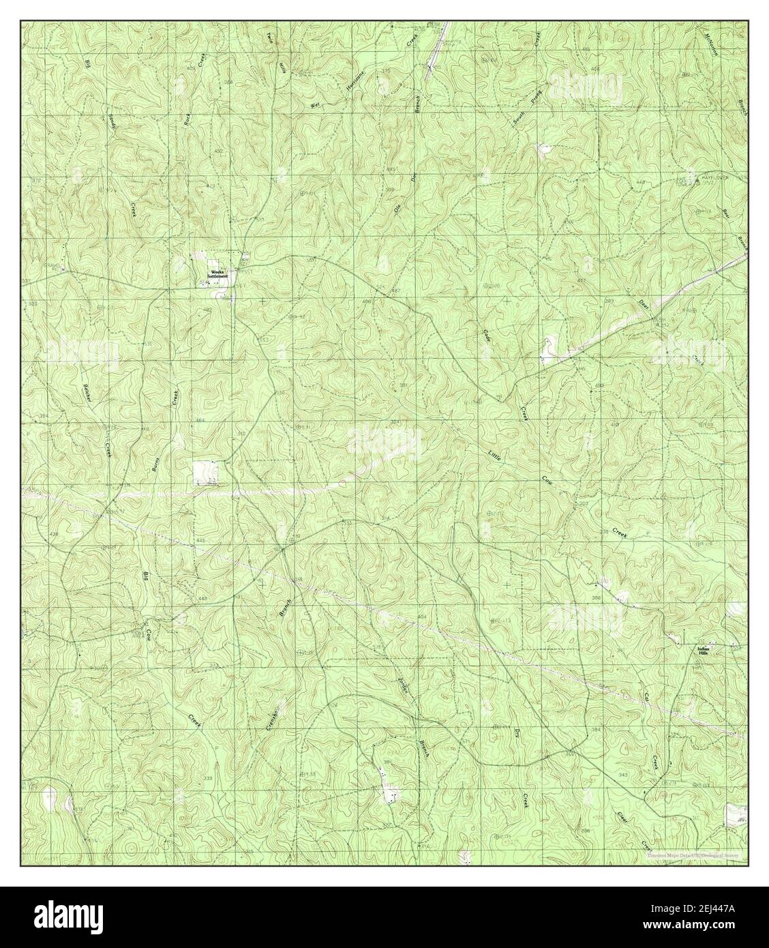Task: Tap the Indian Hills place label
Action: pyautogui.click(x=704, y=650)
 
